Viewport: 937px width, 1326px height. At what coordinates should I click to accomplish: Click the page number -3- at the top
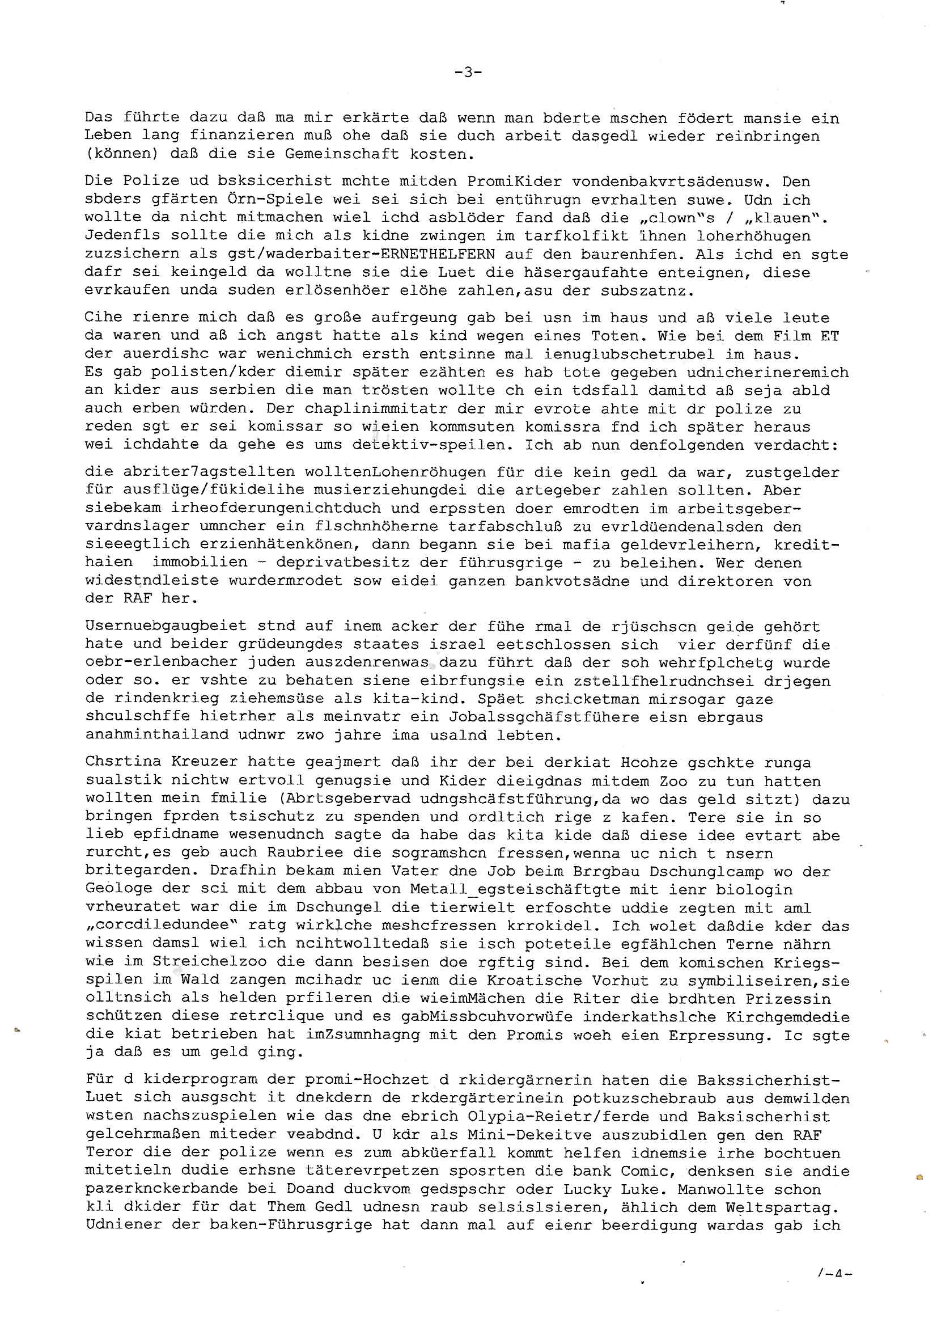coord(468,72)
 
